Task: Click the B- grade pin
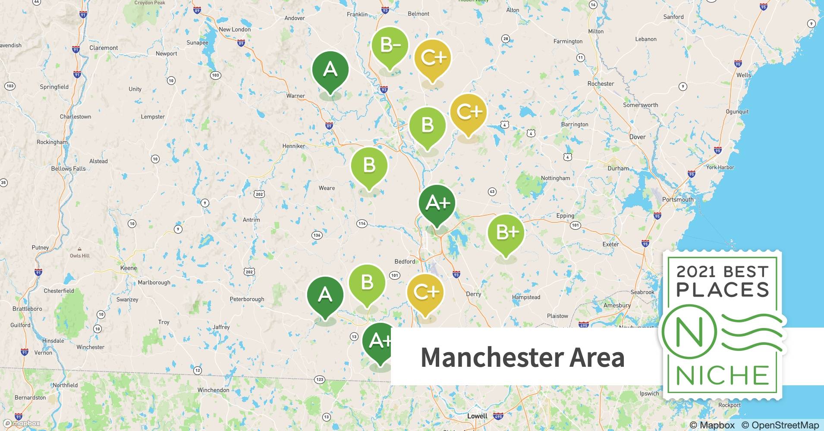point(390,45)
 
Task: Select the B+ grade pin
point(506,233)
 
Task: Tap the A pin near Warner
point(330,70)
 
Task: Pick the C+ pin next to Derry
point(425,293)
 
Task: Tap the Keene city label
point(128,268)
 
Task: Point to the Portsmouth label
point(678,200)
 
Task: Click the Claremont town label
point(104,48)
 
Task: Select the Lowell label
point(477,416)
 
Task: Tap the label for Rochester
point(601,84)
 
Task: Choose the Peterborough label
point(247,299)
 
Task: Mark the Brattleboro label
point(27,309)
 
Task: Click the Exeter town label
point(610,244)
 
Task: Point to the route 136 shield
point(317,235)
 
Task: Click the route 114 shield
point(362,223)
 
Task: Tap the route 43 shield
point(492,192)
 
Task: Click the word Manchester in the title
point(491,357)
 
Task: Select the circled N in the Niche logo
point(689,332)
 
